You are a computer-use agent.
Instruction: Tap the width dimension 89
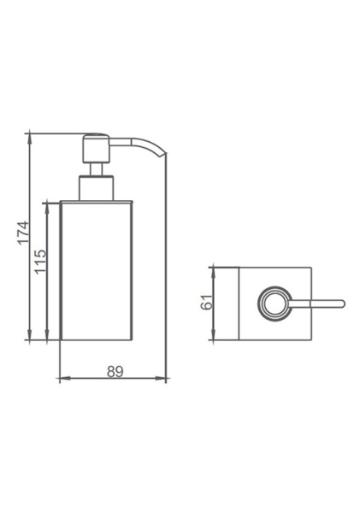[111, 371]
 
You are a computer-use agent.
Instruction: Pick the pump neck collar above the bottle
[94, 189]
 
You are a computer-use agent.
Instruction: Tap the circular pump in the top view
[273, 304]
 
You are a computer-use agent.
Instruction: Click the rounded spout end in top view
[340, 304]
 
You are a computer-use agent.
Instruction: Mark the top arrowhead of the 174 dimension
[30, 137]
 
